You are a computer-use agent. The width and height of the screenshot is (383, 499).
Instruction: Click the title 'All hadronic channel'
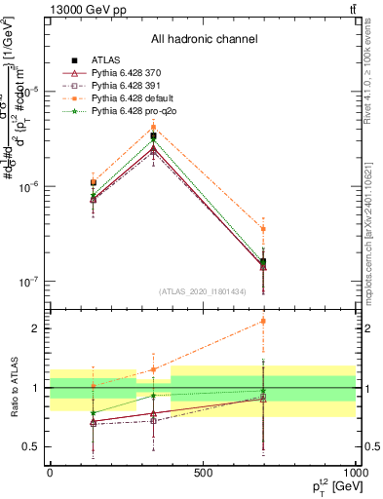[204, 39]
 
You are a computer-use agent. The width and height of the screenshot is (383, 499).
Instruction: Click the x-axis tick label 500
[203, 473]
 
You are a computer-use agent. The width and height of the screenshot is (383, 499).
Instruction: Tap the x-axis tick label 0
[50, 473]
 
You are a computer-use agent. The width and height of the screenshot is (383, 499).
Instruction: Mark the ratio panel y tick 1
[32, 388]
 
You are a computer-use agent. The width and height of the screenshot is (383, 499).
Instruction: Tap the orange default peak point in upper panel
[153, 128]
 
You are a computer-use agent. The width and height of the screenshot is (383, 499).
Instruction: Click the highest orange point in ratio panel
[263, 321]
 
